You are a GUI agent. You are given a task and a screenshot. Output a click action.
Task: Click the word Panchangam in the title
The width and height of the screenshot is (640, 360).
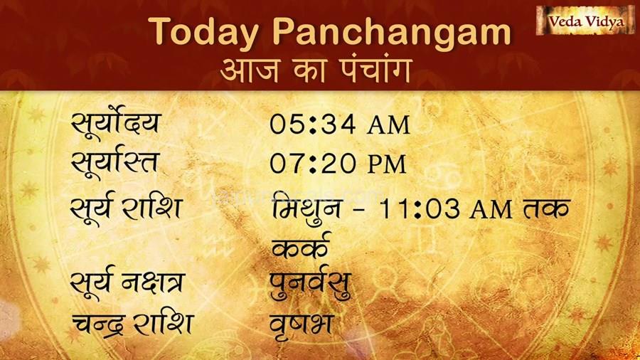(x=391, y=31)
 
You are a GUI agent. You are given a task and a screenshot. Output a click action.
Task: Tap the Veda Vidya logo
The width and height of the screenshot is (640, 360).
(x=586, y=21)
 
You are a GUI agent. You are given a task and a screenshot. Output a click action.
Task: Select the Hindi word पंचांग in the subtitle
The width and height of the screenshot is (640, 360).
(x=375, y=70)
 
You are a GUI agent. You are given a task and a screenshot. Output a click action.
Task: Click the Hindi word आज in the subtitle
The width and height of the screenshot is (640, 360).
(x=250, y=70)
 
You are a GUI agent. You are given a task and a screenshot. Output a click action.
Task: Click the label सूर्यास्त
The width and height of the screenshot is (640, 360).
(x=114, y=163)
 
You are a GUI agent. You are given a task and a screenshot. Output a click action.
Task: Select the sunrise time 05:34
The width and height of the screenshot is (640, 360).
(x=312, y=125)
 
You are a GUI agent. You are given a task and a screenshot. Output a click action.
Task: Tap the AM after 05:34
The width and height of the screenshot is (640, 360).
(x=388, y=125)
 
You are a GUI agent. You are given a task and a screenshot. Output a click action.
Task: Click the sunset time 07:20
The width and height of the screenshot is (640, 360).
(x=312, y=164)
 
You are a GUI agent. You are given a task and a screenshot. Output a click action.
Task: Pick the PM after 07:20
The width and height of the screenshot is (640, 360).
(x=387, y=164)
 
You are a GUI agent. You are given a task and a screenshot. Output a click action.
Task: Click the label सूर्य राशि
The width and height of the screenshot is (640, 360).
(x=126, y=208)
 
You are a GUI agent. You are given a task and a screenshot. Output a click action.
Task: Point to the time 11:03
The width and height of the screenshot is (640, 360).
(x=419, y=208)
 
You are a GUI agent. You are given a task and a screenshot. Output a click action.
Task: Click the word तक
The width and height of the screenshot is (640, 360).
(x=546, y=208)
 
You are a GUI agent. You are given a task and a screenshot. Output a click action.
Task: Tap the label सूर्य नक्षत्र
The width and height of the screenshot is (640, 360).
(x=127, y=284)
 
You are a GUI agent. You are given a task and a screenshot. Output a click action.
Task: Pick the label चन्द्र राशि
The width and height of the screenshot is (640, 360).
(x=132, y=325)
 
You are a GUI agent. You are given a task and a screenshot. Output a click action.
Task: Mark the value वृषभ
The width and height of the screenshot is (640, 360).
(x=302, y=325)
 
